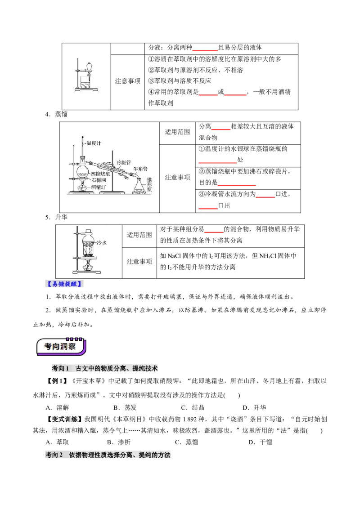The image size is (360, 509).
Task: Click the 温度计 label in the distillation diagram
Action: [x=94, y=143]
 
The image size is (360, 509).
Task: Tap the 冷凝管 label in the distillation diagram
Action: [x=123, y=162]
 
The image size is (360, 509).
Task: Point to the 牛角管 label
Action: [x=140, y=169]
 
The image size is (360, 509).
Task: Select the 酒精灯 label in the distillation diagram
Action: [x=98, y=187]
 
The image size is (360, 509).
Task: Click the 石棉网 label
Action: [x=99, y=180]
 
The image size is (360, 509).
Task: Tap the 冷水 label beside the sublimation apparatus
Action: [x=102, y=242]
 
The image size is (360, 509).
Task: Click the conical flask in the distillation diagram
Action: [x=139, y=186]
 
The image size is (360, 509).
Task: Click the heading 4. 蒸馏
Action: [x=57, y=114]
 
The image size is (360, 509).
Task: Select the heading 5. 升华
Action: [x=57, y=217]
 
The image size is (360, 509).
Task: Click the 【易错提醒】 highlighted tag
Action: [x=64, y=284]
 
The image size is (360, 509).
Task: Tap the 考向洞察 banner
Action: [x=61, y=346]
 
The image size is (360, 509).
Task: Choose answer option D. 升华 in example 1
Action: [x=254, y=407]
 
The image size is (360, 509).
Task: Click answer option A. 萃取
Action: [x=57, y=442]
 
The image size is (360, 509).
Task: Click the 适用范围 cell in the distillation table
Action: [x=177, y=132]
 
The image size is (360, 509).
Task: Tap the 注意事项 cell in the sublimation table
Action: [x=139, y=261]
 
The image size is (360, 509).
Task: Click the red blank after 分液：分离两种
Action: [x=205, y=49]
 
